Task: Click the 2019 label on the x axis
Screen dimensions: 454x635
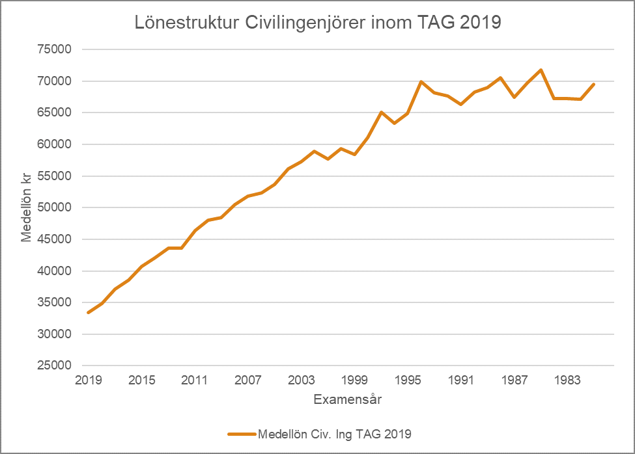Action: click(89, 380)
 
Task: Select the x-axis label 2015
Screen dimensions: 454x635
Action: click(142, 380)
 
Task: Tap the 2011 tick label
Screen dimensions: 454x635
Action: click(195, 380)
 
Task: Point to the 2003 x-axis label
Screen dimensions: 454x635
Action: click(302, 380)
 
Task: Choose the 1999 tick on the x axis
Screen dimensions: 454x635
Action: click(355, 380)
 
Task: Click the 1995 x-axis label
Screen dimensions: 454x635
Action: click(408, 380)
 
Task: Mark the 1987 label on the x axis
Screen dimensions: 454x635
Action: click(515, 380)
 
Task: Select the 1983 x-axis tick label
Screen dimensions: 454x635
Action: click(567, 380)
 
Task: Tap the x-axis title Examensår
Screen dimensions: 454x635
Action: click(347, 399)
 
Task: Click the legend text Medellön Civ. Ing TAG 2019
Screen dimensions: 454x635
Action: click(335, 434)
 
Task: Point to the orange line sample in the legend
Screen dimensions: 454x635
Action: click(242, 434)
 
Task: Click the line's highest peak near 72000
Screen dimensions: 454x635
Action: click(541, 70)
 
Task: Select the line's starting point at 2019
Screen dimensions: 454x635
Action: click(89, 312)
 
